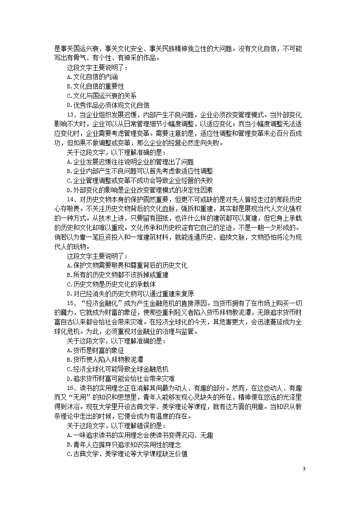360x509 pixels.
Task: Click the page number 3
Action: point(304,468)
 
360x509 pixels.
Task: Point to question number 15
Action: point(70,303)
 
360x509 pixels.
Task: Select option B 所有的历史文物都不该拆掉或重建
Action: point(120,275)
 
